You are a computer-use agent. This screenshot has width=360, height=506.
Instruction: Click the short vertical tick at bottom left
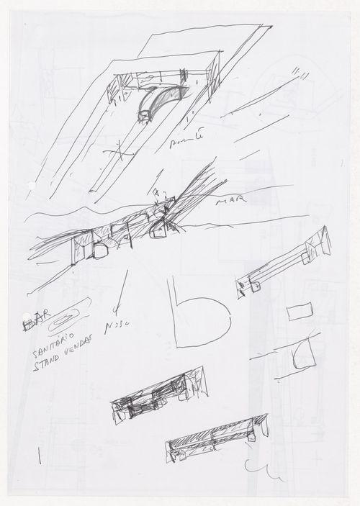point(37,456)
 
